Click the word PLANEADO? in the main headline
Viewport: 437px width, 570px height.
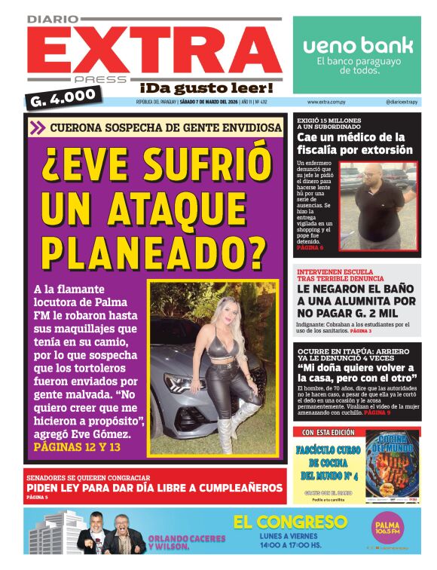pyautogui.click(x=154, y=247)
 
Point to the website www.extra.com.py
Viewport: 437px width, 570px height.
pyautogui.click(x=327, y=102)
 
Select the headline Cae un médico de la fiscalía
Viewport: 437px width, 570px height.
pyautogui.click(x=354, y=143)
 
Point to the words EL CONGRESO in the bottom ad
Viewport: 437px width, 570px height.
pyautogui.click(x=289, y=522)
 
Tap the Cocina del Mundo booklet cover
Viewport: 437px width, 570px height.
pyautogui.click(x=393, y=467)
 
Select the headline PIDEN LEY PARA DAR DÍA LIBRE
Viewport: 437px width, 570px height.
pyautogui.click(x=154, y=488)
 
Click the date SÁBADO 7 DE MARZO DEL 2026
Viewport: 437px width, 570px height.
pyautogui.click(x=209, y=102)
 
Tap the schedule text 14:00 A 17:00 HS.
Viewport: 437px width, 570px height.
pyautogui.click(x=289, y=544)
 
